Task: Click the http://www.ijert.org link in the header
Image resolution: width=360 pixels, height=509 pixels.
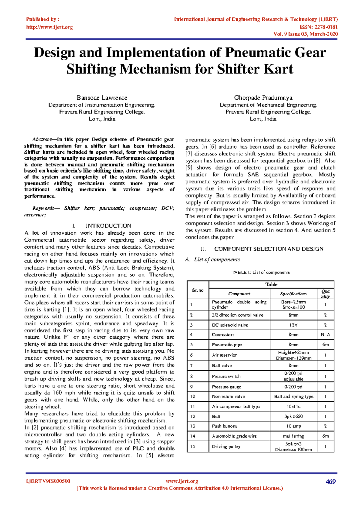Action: (49, 27)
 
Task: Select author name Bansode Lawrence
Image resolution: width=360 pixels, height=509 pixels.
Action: (102, 98)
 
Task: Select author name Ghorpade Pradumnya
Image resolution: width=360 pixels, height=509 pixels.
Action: (263, 98)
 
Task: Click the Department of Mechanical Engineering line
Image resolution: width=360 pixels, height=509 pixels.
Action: (268, 105)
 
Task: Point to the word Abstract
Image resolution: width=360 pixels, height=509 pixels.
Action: (41, 140)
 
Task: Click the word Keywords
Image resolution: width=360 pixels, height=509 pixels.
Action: (43, 208)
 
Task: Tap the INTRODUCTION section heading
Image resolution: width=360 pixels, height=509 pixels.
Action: (108, 226)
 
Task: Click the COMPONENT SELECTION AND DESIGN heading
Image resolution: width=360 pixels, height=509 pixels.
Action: (269, 249)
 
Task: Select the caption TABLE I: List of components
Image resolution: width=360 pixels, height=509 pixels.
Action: (260, 273)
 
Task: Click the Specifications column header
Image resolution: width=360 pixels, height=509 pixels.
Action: (293, 294)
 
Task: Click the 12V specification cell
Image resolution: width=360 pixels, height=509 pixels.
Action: (293, 325)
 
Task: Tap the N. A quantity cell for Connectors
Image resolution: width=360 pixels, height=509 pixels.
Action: (325, 335)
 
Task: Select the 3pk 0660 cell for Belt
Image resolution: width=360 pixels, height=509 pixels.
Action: (293, 417)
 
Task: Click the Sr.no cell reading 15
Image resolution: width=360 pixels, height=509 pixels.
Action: (193, 447)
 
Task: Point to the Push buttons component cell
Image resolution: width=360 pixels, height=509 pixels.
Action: (224, 426)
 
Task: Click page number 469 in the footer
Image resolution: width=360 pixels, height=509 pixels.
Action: (331, 482)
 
